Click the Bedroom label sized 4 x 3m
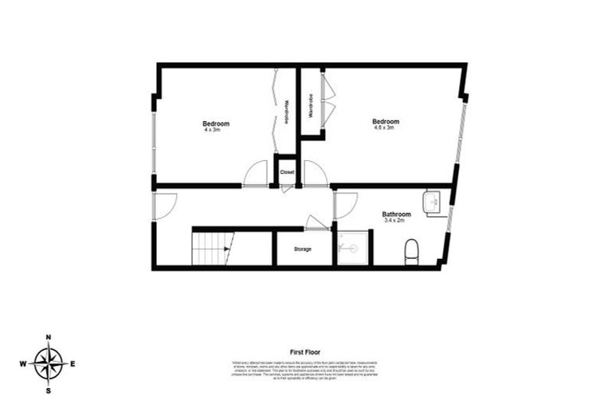coord(215,124)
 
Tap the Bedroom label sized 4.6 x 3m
coord(386,121)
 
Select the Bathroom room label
coord(396,214)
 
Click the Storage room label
coord(303,249)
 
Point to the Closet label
coord(287,171)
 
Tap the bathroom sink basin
coord(432,202)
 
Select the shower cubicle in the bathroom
coord(352,248)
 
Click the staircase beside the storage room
coord(213,248)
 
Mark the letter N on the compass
coord(49,338)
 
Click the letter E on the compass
coord(73,364)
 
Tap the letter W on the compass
coord(23,364)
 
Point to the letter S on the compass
coord(49,390)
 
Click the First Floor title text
coord(306,351)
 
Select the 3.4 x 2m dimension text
coord(396,220)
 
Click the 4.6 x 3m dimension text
coord(386,127)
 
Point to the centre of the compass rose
coord(49,364)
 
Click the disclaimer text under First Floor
coord(306,370)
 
